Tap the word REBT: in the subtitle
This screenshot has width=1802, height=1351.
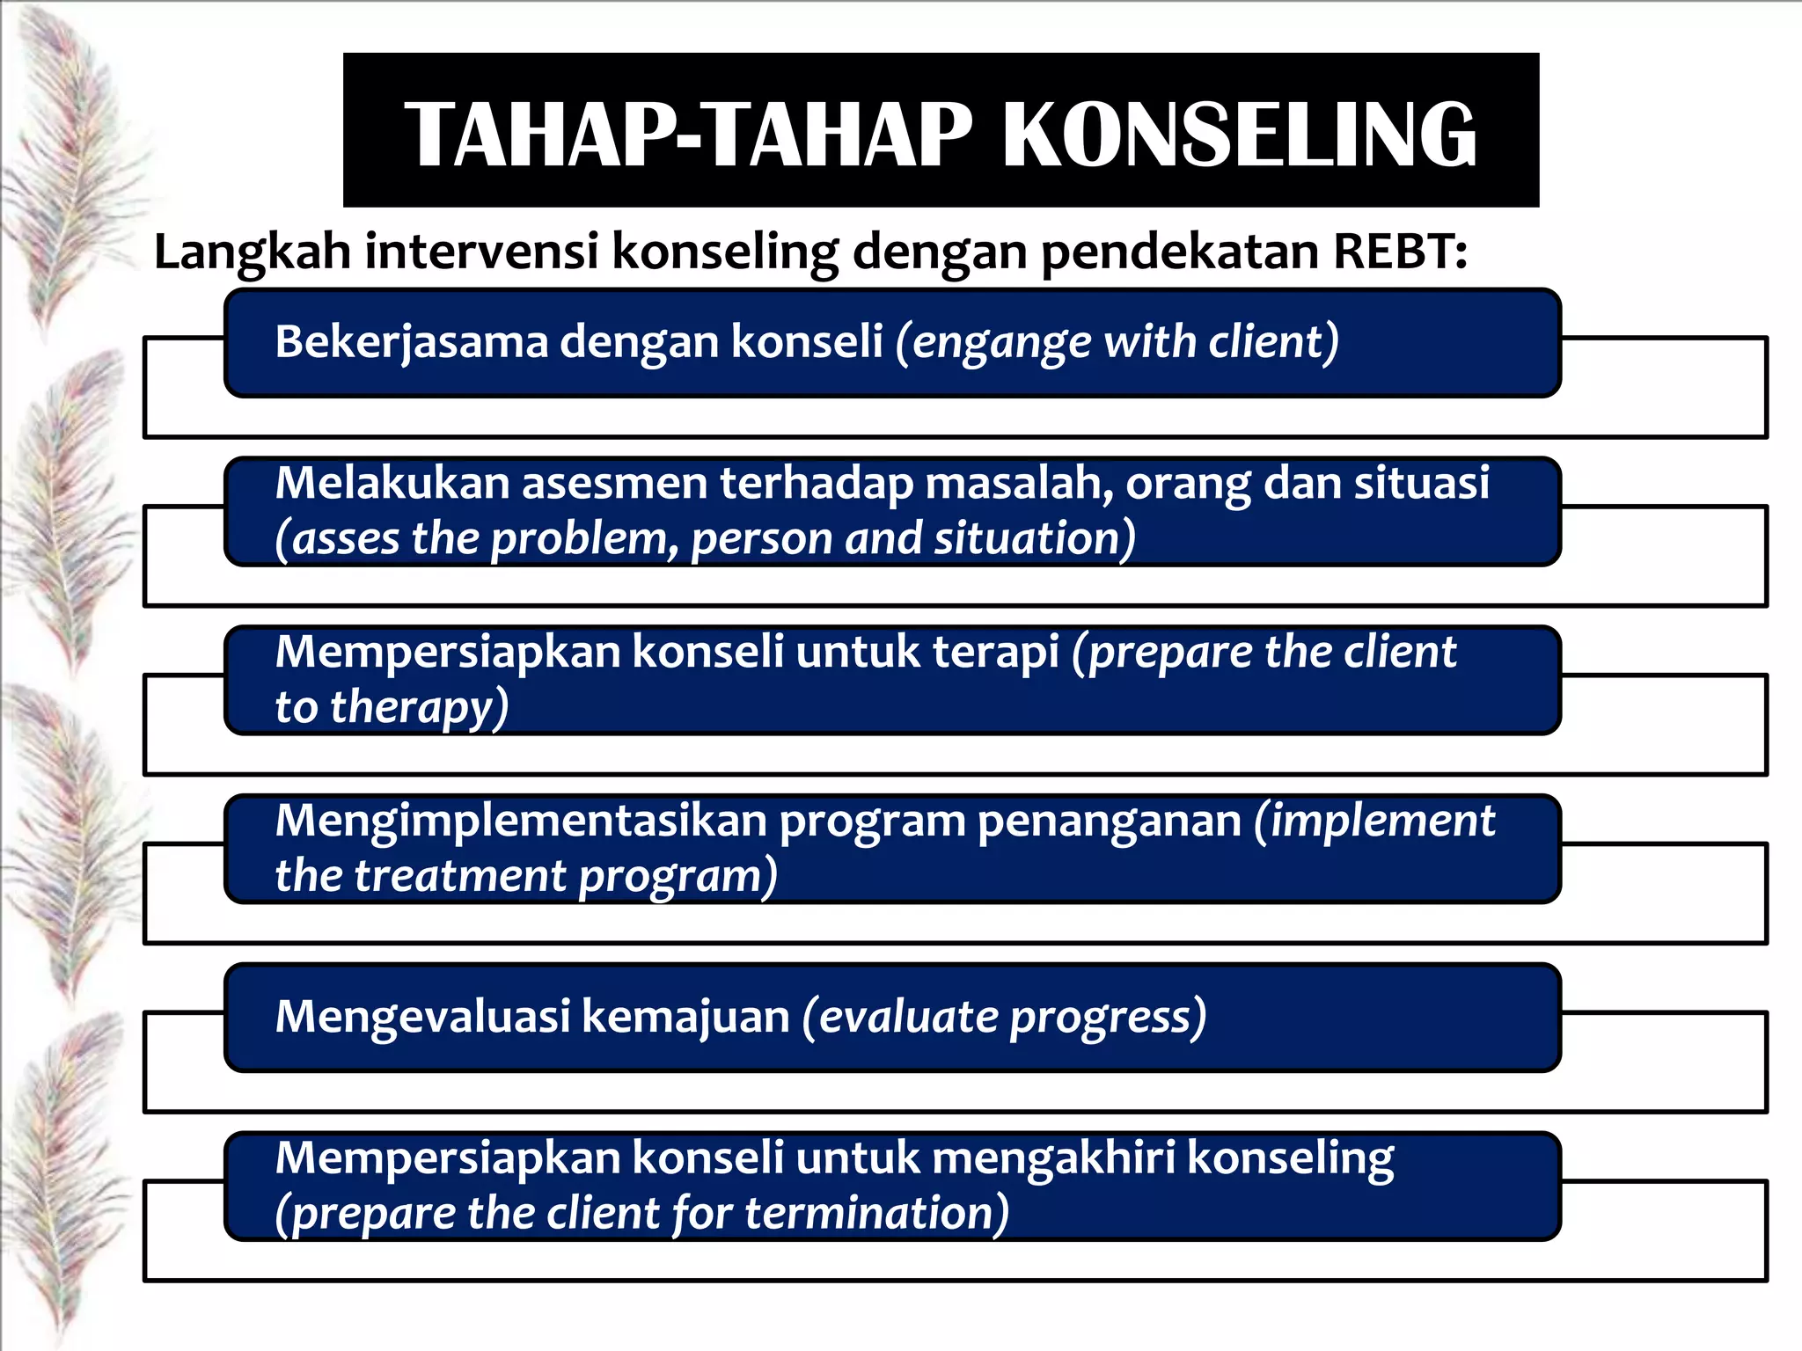point(1400,252)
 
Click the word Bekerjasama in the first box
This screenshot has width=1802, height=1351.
point(412,342)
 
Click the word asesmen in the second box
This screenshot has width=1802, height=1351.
point(615,483)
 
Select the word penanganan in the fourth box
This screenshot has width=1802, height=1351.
point(1110,822)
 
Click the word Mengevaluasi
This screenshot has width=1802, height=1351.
point(422,1017)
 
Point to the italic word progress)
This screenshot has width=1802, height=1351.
point(1108,1019)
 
